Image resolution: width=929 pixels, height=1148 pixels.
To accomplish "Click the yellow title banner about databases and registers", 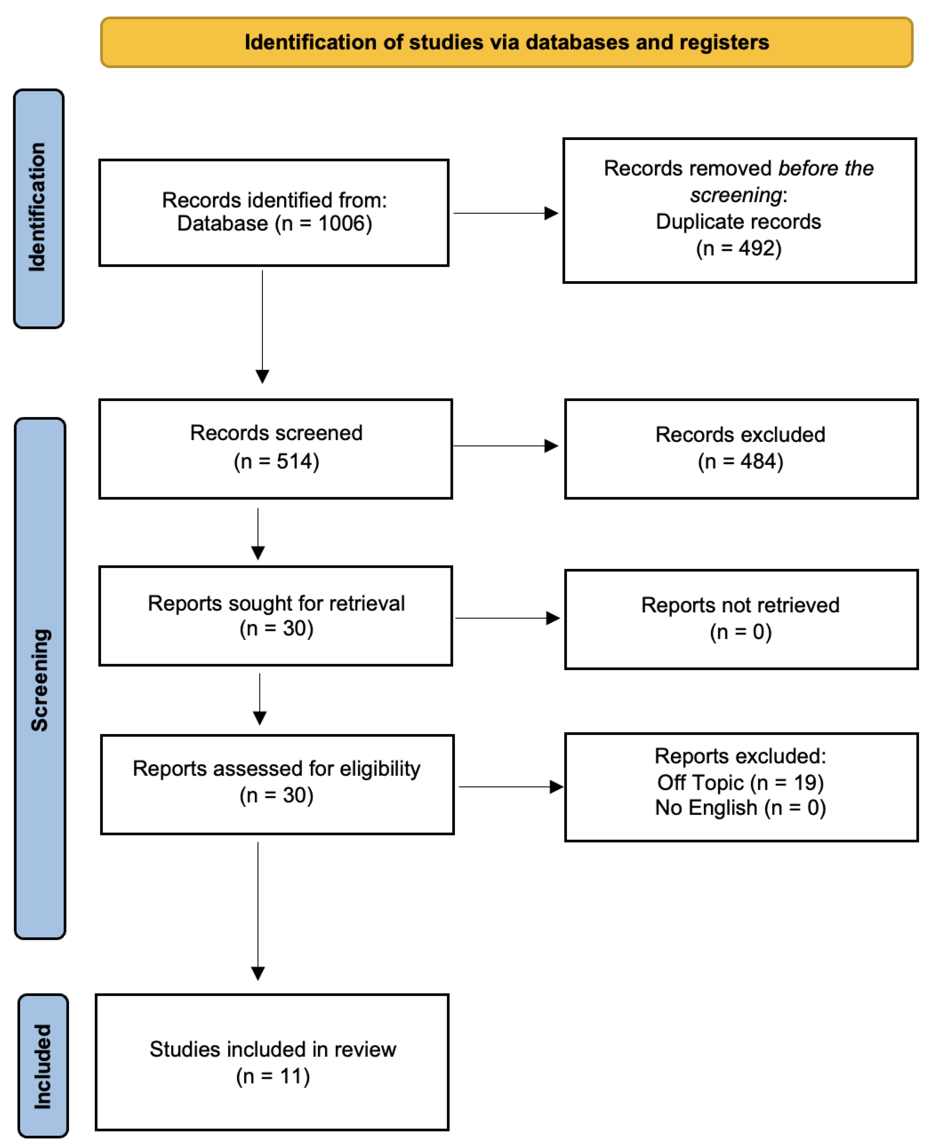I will tap(506, 42).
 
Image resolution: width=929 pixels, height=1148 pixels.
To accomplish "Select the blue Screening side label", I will tap(40, 679).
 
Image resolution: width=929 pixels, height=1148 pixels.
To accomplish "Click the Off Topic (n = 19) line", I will tap(740, 783).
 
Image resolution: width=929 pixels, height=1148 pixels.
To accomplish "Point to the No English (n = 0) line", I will tap(740, 808).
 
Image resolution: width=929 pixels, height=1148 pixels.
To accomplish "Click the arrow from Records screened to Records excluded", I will tap(505, 446).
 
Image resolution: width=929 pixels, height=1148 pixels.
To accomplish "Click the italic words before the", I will tap(826, 169).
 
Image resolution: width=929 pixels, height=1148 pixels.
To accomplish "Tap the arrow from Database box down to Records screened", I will tap(262, 326).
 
